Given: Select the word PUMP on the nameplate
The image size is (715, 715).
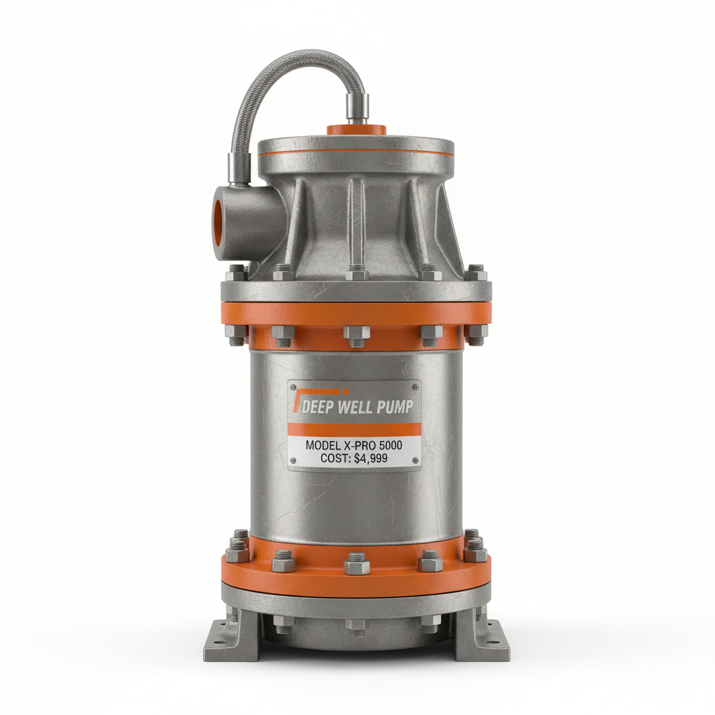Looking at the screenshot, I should coord(395,406).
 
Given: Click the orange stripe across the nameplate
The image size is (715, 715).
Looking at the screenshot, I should coord(354,429).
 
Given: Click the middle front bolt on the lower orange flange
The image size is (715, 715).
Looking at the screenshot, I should coord(356,563).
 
